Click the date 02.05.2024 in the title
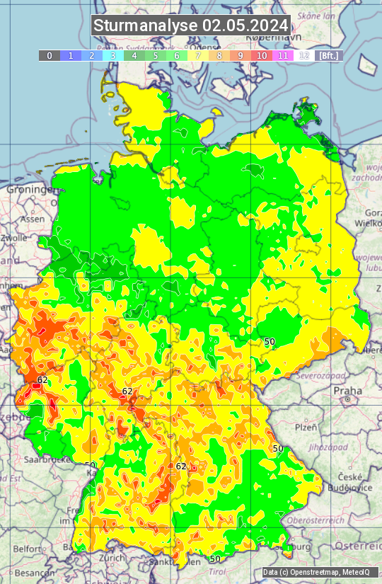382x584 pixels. (245, 25)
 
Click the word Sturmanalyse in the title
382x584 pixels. (146, 25)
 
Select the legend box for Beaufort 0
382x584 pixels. (50, 55)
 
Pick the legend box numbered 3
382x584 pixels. (113, 55)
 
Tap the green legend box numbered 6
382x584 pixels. (177, 55)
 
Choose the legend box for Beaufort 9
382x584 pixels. (241, 55)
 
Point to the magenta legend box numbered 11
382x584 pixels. (283, 55)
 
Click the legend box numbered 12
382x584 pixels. (304, 55)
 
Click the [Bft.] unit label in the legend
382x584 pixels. (329, 55)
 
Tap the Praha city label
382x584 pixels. (347, 391)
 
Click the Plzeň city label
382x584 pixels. (306, 428)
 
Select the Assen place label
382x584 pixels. (31, 219)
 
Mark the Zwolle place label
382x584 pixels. (13, 239)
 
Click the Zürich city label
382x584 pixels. (112, 557)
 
